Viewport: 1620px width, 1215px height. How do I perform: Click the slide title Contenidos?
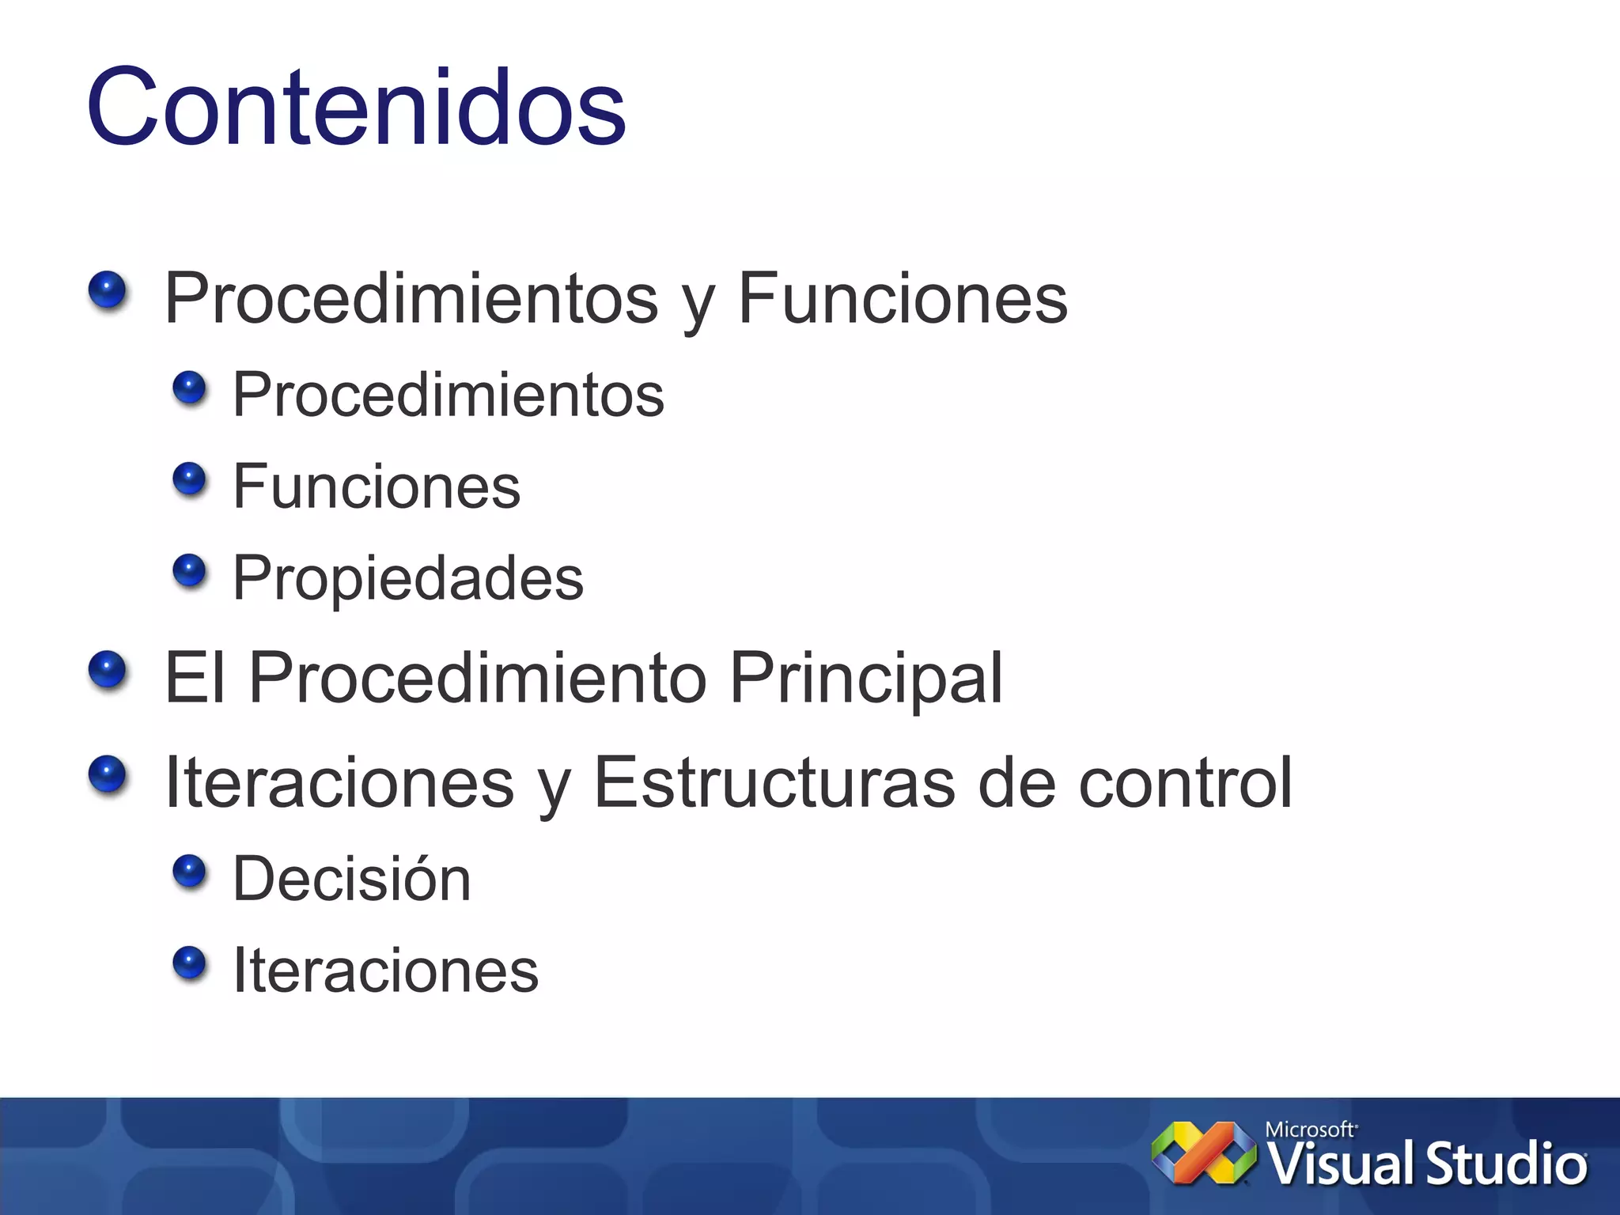pos(356,107)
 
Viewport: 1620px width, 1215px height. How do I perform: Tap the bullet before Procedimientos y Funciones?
pos(108,290)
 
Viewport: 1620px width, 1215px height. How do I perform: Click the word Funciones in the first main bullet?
pos(902,298)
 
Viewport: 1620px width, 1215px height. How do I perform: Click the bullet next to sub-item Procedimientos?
pos(189,388)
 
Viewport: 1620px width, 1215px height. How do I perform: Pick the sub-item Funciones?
pos(377,486)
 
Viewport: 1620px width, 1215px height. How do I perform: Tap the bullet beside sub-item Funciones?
pos(189,479)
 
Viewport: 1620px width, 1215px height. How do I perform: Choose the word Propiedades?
pos(407,577)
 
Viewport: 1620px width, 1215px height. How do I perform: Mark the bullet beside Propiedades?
pos(189,570)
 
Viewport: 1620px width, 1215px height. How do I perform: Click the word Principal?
pos(865,678)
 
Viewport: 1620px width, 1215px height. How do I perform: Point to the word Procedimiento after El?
pos(477,678)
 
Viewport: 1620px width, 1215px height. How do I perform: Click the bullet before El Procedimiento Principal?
pos(108,670)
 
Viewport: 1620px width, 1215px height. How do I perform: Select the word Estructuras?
pos(774,782)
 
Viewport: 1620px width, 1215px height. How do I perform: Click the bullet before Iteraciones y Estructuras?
pos(108,774)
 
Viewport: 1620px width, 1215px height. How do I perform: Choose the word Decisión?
pos(351,879)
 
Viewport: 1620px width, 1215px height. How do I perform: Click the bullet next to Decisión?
pos(189,872)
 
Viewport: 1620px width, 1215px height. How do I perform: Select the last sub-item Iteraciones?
pos(385,971)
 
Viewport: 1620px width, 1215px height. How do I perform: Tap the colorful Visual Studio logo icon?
pos(1203,1153)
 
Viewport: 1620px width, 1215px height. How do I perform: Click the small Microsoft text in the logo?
pos(1310,1130)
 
